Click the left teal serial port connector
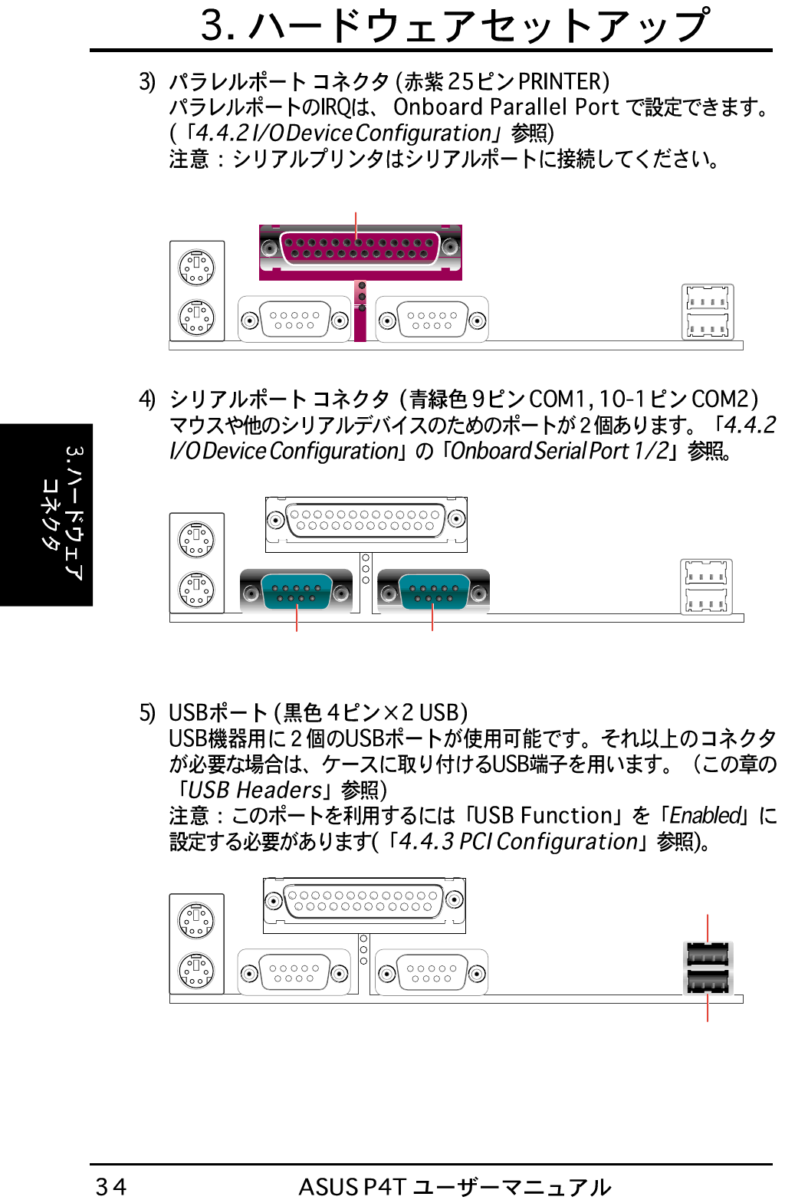click(x=296, y=591)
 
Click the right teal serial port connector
click(x=433, y=591)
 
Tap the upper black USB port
click(x=708, y=955)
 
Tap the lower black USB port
click(x=708, y=981)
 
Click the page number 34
click(x=110, y=1185)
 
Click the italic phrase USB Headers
click(x=255, y=790)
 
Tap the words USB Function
click(x=545, y=815)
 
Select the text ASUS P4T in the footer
click(x=352, y=1186)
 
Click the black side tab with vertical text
click(x=47, y=515)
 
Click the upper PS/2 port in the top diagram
click(x=197, y=267)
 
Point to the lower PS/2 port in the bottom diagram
click(x=196, y=969)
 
